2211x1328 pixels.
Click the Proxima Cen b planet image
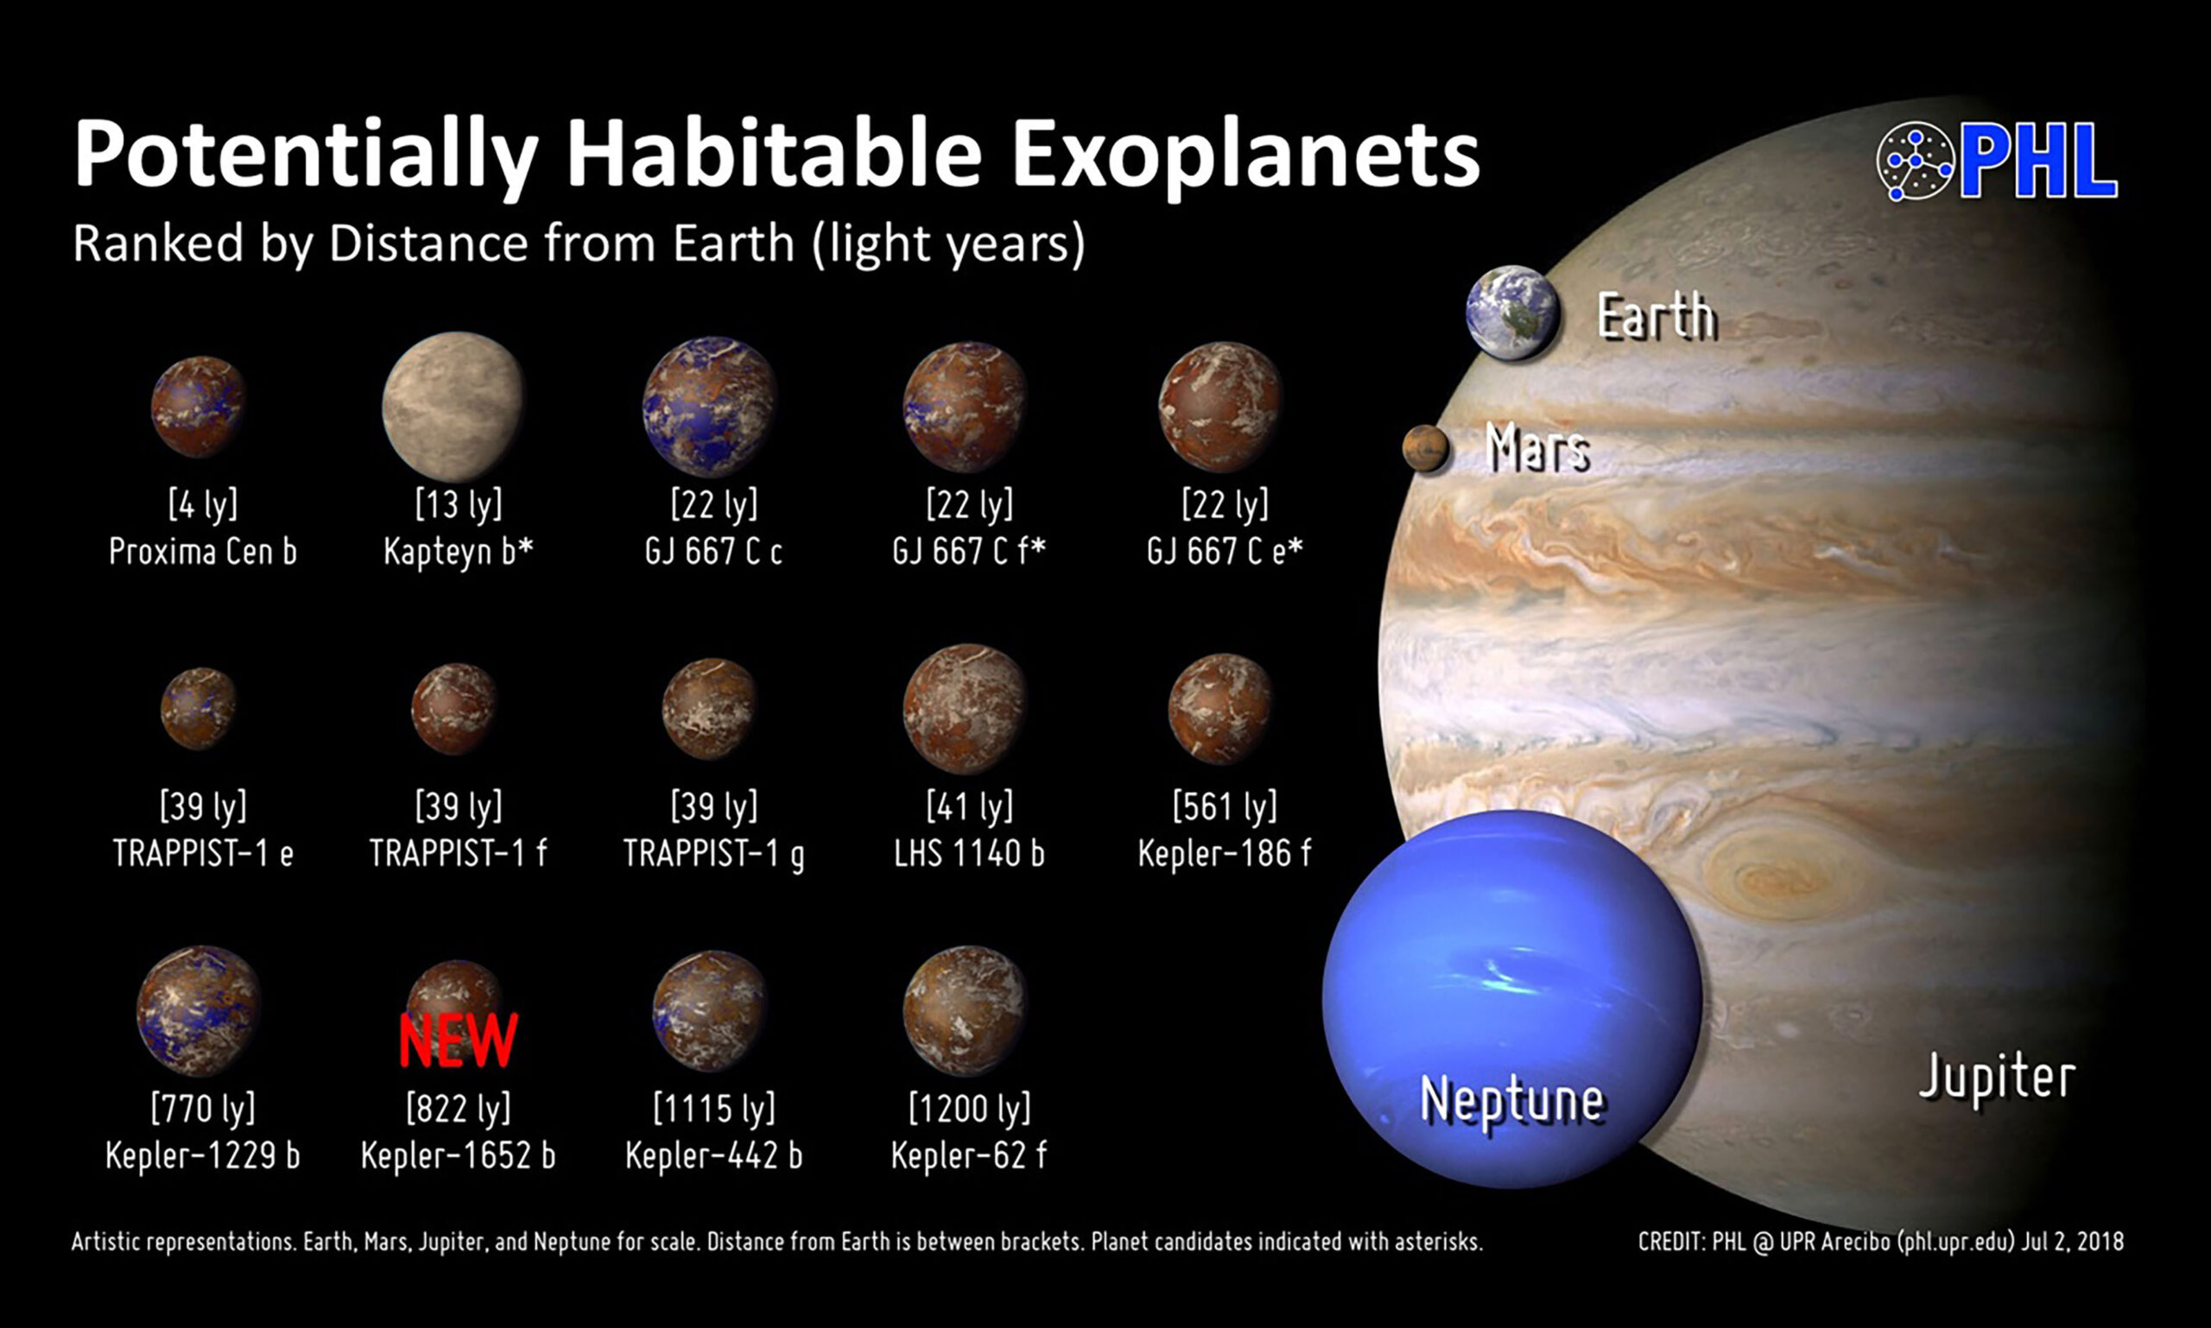[x=198, y=407]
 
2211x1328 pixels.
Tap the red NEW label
[x=458, y=1040]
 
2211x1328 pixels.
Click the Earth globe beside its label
[x=1513, y=313]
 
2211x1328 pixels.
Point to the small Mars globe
[x=1426, y=448]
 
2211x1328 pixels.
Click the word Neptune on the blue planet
[x=1512, y=1100]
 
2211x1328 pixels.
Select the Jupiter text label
[x=1997, y=1078]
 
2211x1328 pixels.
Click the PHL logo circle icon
[x=1916, y=161]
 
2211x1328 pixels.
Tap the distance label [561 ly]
[x=1225, y=806]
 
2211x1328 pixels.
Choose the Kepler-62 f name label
[x=968, y=1155]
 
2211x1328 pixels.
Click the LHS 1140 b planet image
[x=965, y=709]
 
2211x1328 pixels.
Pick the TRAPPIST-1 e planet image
[x=199, y=709]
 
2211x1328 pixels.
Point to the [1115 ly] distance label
[x=713, y=1109]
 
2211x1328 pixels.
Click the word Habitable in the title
[x=775, y=154]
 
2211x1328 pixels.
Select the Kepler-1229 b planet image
[x=199, y=1010]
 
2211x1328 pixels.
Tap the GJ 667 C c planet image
[x=710, y=407]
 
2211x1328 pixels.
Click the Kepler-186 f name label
[x=1225, y=853]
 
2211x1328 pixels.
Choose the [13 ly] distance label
[x=459, y=505]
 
